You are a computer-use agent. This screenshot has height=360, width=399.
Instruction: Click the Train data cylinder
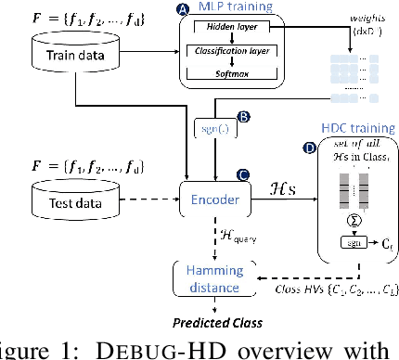click(x=72, y=55)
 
